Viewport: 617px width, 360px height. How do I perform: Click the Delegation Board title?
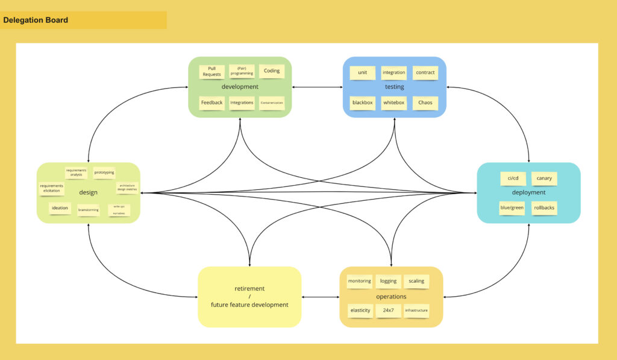point(36,20)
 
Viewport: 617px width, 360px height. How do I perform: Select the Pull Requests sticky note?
point(211,72)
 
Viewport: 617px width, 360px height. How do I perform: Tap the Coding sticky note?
point(272,71)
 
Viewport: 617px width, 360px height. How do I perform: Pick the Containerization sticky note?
point(272,103)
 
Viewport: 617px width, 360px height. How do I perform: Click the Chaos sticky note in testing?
point(425,103)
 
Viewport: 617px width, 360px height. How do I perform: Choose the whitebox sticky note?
point(394,103)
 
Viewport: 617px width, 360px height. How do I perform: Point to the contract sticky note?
point(425,72)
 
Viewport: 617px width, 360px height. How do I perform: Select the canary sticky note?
point(544,178)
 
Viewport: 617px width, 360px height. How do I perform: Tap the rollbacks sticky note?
point(544,207)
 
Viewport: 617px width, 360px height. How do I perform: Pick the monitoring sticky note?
point(359,281)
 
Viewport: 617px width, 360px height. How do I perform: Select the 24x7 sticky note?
point(388,311)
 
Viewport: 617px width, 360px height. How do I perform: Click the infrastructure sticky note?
point(416,311)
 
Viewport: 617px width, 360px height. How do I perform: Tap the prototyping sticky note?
point(104,172)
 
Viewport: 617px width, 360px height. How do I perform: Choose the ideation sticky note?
point(60,208)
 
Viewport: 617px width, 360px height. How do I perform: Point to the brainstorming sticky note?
point(89,210)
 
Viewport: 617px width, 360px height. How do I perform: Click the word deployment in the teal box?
point(528,192)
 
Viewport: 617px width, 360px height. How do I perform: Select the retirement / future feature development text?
point(249,297)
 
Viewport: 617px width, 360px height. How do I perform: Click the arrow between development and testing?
point(318,87)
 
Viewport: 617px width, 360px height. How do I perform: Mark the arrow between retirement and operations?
point(321,297)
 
